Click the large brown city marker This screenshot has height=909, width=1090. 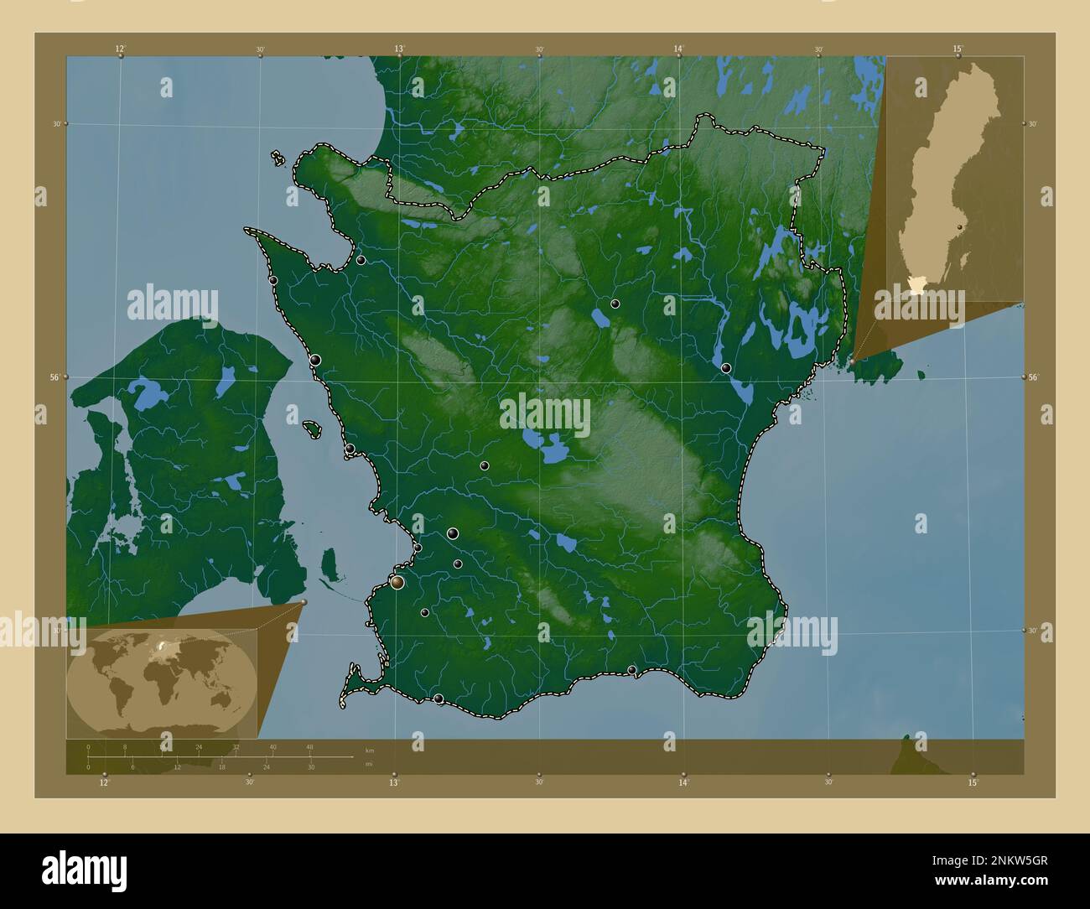(x=397, y=582)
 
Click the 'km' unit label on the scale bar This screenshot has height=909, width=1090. (x=370, y=748)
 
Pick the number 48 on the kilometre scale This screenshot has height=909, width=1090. (x=310, y=746)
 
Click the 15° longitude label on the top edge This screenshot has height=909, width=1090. (x=958, y=49)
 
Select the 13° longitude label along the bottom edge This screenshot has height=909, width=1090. (x=393, y=782)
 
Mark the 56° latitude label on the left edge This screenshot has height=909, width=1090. (x=52, y=377)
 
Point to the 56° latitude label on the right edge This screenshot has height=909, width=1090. (x=1035, y=377)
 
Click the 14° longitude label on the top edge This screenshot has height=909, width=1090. (x=678, y=49)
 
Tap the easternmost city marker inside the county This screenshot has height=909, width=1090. (x=725, y=368)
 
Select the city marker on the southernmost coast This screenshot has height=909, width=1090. (x=439, y=699)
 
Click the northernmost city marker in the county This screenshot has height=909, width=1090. (x=361, y=260)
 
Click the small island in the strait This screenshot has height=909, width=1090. (x=311, y=429)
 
